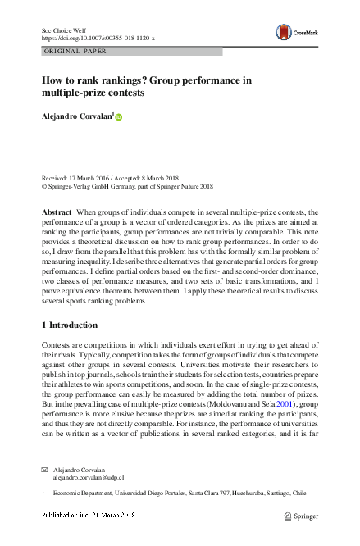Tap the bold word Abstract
57,212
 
